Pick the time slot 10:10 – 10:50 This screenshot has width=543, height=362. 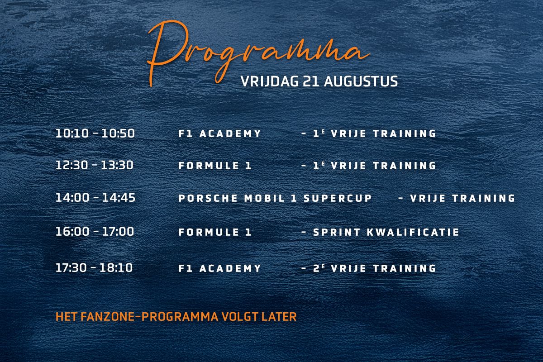(x=95, y=133)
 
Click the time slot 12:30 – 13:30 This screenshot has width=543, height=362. (x=95, y=165)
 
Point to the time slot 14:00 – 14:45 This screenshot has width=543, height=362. (x=95, y=198)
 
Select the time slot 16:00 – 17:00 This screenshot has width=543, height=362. (x=95, y=232)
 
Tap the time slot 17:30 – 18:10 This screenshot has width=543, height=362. (x=94, y=268)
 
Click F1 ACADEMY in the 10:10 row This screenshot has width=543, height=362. (x=220, y=134)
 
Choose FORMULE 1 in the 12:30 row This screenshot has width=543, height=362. (x=215, y=166)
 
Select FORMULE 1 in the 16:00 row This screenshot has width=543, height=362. (x=215, y=233)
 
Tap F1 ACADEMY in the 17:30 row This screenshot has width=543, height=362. (x=220, y=268)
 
